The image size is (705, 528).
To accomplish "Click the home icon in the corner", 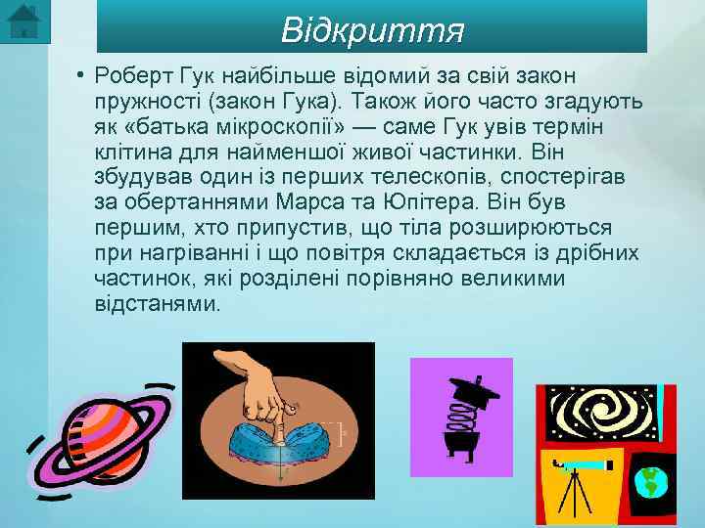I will pos(23,22).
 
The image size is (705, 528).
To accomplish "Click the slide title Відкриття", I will pos(371,30).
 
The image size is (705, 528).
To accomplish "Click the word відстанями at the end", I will pos(157,304).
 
